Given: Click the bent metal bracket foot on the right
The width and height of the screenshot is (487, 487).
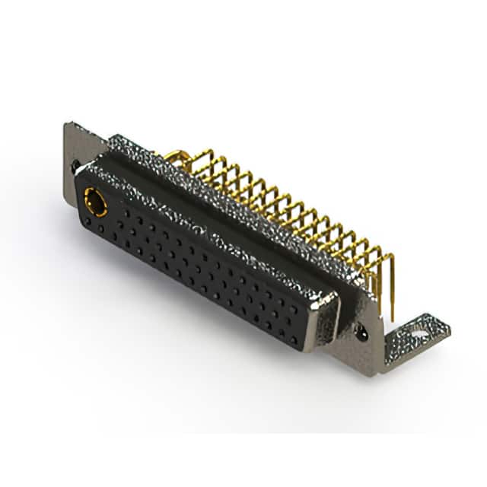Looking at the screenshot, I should (x=415, y=335).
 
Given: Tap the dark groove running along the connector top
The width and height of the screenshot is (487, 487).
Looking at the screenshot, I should (x=221, y=209).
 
